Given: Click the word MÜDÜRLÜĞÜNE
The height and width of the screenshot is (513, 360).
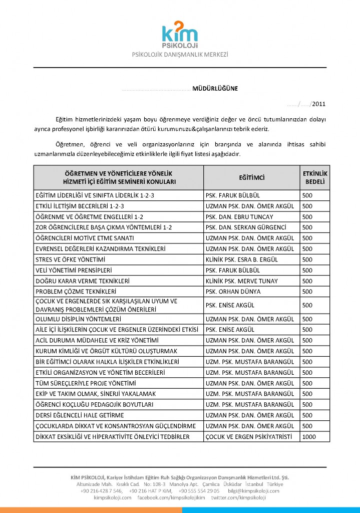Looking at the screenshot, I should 215,89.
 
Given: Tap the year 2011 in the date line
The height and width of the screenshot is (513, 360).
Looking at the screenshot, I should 318,104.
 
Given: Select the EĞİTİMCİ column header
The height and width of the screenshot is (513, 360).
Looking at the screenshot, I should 251,178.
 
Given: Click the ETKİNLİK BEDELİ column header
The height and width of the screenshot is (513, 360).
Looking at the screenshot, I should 315,177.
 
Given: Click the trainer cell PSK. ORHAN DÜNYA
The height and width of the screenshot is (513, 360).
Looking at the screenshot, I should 230,291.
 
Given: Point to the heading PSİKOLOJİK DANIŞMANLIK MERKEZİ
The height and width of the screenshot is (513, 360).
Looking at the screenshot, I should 180,55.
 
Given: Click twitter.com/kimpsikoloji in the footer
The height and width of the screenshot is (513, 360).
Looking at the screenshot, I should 238,497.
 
